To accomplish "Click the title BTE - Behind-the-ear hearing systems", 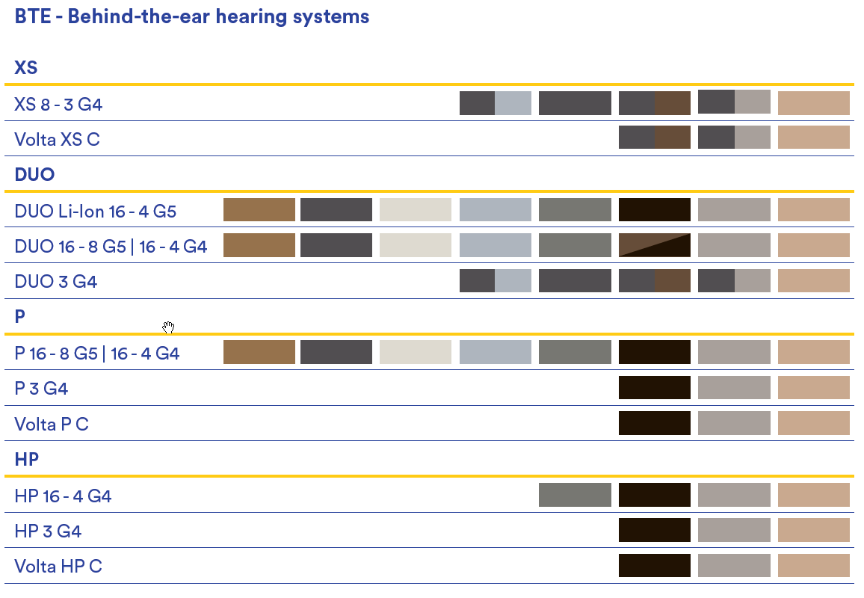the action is pos(192,16).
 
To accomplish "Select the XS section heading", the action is pos(26,68).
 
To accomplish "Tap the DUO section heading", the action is pos(34,174).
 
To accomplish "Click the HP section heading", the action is pos(26,459).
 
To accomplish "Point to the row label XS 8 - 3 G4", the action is pos(58,104).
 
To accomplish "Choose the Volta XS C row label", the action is pos(58,140).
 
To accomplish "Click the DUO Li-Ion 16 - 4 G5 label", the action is pos(96,211).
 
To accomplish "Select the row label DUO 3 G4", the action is pos(55,282).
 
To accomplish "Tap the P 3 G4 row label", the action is pos(41,389).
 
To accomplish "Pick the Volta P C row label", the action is pos(52,424).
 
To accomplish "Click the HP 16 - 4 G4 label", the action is pos(63,496).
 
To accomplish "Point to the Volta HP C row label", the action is pos(58,566).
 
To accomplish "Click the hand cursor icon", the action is pos(169,328).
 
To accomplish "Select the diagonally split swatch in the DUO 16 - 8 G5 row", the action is pos(655,245).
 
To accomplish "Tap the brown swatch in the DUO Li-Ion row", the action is pos(259,209).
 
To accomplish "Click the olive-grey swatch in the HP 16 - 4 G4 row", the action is pos(575,494).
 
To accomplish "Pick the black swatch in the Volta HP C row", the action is pos(655,565).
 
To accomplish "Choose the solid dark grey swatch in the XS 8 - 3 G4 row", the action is pos(575,103).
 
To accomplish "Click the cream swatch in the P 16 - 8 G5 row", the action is pos(416,352).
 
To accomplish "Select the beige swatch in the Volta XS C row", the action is pos(814,138).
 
